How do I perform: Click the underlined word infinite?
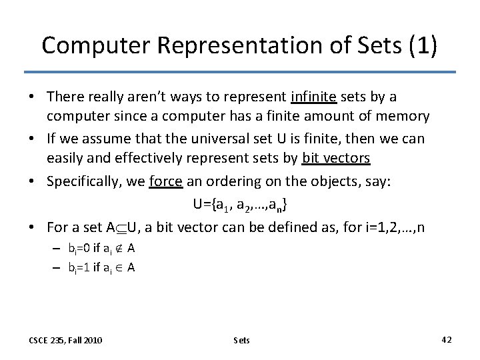(314, 97)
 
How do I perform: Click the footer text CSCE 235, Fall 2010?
(65, 340)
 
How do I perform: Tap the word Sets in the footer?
(241, 340)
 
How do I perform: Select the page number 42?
(446, 339)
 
